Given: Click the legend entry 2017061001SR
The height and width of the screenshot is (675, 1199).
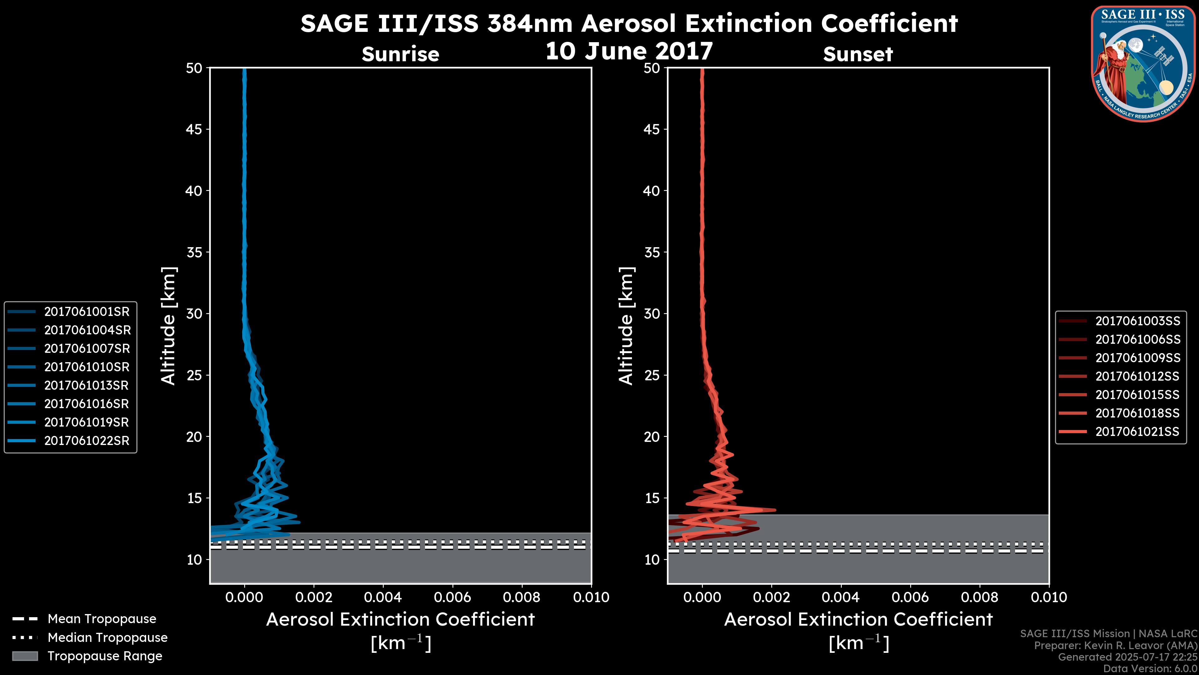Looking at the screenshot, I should point(86,312).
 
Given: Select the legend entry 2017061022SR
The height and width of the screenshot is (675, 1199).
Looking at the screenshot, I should point(86,441).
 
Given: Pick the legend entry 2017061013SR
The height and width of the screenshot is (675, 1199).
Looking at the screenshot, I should point(86,385).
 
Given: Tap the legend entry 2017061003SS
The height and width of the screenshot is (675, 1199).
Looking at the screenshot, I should point(1137,321).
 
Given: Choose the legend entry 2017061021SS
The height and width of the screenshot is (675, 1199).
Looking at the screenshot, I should point(1137,432).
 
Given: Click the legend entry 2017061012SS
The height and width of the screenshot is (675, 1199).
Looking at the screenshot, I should point(1137,376).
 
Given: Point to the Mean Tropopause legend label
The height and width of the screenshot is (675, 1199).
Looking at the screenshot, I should point(102,619).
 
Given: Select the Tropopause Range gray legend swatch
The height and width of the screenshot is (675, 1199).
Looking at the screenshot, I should point(25,656).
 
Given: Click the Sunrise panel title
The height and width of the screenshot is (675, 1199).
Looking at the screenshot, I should point(400,54).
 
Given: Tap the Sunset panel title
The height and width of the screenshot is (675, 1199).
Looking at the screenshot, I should point(858,54).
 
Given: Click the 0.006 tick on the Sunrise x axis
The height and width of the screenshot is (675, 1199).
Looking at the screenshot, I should point(452,597).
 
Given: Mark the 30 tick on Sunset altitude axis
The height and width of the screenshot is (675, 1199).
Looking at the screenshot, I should point(652,313).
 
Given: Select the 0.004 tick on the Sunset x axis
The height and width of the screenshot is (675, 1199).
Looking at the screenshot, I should point(841,597).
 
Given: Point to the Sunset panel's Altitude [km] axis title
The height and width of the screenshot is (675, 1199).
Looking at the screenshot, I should point(626,326).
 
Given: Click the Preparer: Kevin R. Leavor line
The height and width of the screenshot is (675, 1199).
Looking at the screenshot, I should point(1115,646).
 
